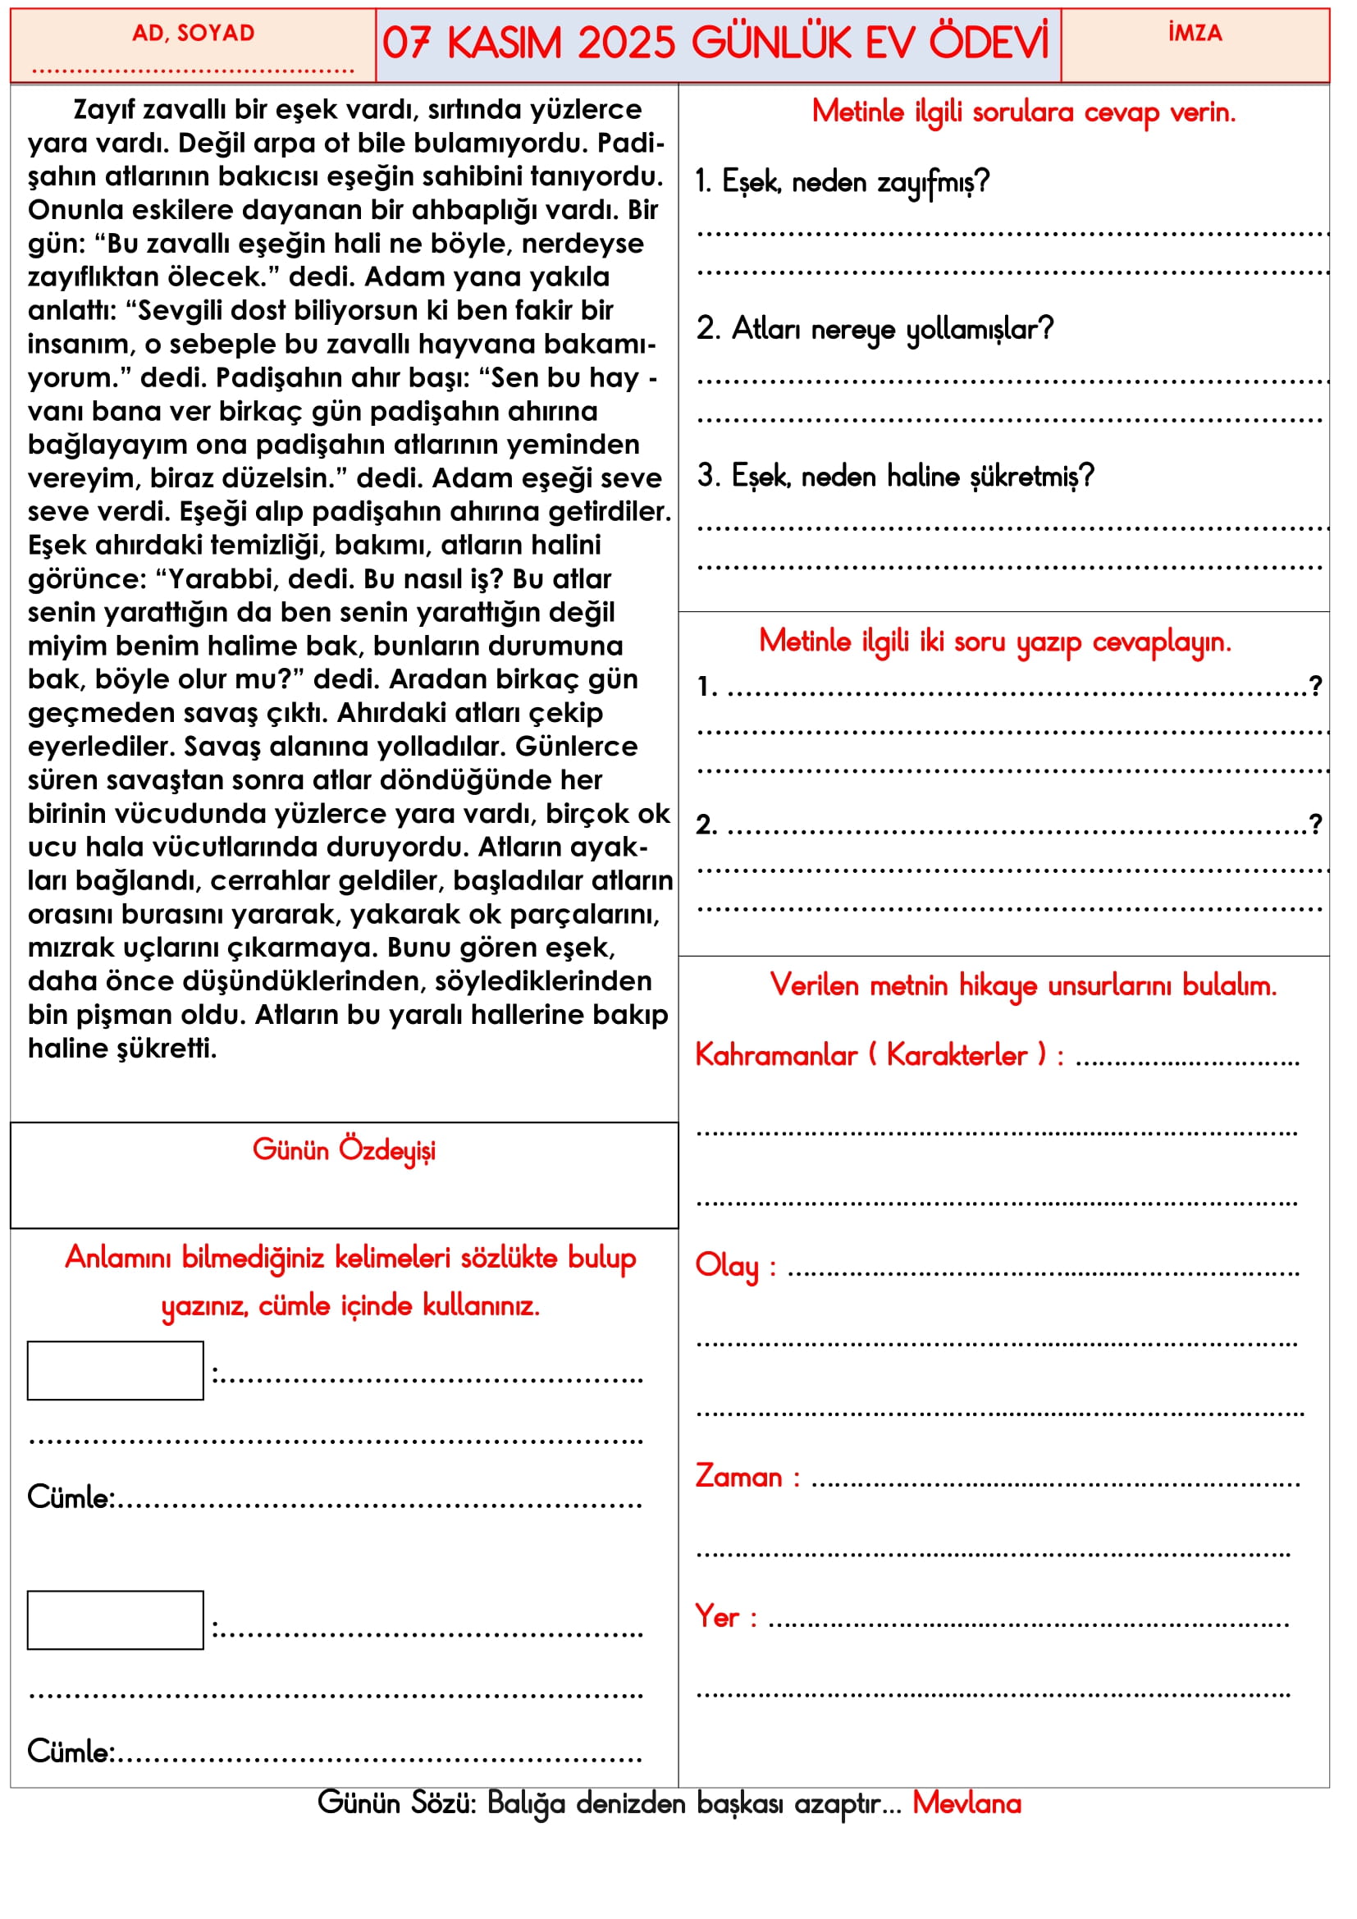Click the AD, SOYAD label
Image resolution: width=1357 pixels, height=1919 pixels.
[193, 34]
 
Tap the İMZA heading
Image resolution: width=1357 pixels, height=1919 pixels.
[1194, 34]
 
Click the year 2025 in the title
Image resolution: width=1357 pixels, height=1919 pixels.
[626, 43]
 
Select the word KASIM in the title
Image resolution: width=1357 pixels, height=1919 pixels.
[504, 43]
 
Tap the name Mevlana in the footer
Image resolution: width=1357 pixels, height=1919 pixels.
[966, 1803]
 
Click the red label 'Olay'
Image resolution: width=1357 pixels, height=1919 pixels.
[726, 1265]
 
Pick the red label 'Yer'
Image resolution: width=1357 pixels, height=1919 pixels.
[717, 1616]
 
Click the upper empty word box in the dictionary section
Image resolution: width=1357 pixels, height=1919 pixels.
[116, 1371]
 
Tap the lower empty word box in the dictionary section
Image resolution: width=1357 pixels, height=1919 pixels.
[116, 1620]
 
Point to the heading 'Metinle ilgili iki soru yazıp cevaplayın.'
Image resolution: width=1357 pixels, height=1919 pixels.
[994, 642]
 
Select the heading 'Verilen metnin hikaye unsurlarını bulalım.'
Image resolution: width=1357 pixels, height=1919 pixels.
[1023, 985]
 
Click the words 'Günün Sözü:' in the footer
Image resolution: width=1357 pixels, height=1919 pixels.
[396, 1803]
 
